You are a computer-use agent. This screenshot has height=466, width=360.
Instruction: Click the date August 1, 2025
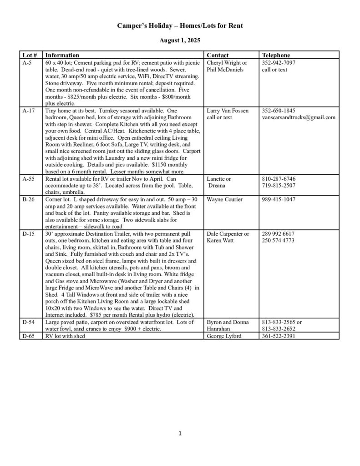(180, 41)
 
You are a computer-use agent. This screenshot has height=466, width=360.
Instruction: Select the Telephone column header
(276, 55)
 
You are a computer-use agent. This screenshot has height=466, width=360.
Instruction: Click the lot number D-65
(29, 336)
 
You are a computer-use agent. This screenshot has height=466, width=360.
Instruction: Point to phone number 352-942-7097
(279, 62)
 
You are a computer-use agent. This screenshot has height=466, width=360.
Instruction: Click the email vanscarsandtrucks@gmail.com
(299, 117)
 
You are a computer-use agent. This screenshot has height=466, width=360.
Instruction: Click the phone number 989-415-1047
(279, 199)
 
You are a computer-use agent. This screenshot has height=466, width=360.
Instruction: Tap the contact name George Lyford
(224, 336)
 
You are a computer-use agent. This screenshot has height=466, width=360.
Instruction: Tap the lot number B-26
(28, 199)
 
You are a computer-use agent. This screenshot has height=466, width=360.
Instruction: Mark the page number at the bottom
(180, 434)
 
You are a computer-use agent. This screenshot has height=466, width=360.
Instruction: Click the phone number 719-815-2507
(279, 186)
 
